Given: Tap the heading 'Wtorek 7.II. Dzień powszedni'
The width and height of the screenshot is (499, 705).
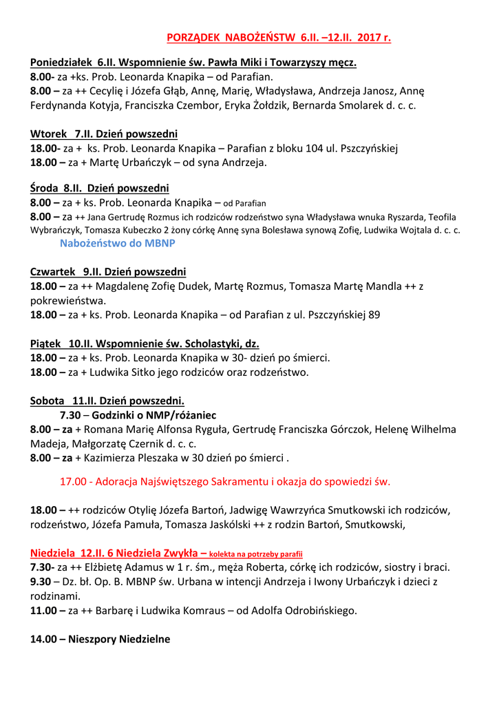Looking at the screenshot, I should [104, 134].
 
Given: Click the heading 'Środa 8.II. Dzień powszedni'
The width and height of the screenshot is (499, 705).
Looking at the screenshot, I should [100, 188].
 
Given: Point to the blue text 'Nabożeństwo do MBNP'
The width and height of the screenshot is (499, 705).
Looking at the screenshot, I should [118, 244].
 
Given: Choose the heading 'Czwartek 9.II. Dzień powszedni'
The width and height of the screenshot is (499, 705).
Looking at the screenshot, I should [108, 271].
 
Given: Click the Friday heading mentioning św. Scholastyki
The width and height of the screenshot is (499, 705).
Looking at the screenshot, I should [145, 344].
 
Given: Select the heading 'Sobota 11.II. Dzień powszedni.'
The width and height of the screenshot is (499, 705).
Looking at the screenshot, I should [107, 400].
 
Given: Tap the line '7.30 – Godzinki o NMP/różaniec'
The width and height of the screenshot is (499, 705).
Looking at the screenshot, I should [138, 415].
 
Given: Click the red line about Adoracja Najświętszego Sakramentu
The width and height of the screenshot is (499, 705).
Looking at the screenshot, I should [225, 482].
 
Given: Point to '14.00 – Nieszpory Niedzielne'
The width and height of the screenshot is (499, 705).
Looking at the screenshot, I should [100, 639].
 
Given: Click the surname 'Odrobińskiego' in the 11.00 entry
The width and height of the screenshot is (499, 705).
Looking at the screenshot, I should [321, 610].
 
